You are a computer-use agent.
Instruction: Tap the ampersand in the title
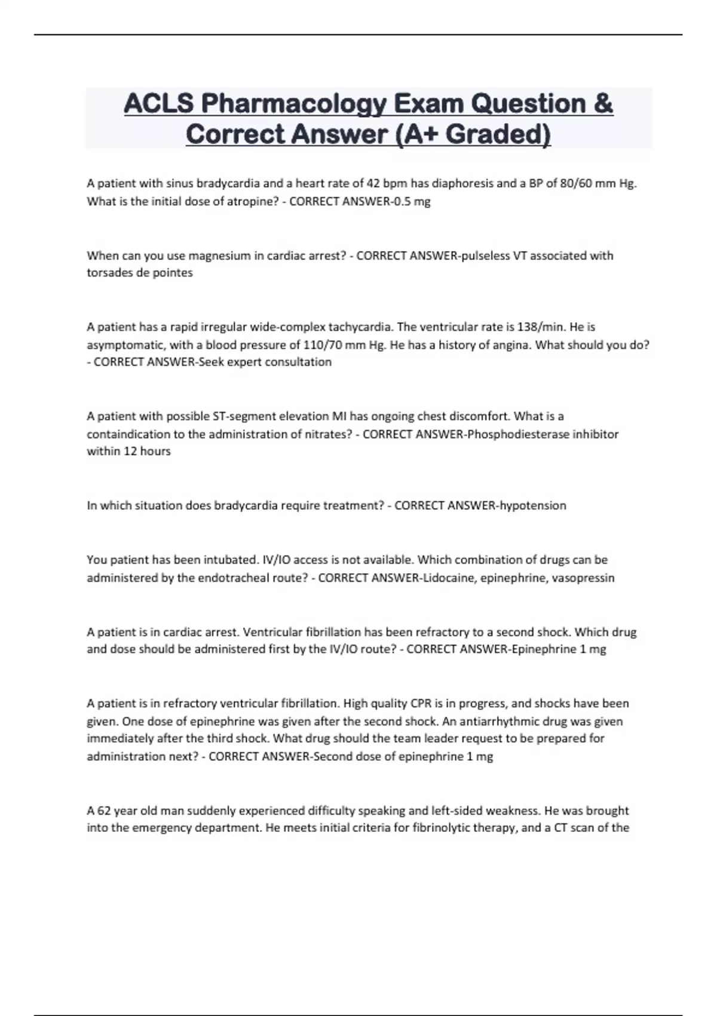pyautogui.click(x=603, y=104)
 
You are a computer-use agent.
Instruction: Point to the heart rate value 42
pyautogui.click(x=373, y=183)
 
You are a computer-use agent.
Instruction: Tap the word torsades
pyautogui.click(x=109, y=273)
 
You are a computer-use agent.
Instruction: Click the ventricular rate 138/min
pyautogui.click(x=541, y=327)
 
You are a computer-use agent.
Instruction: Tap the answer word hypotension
pyautogui.click(x=533, y=506)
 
